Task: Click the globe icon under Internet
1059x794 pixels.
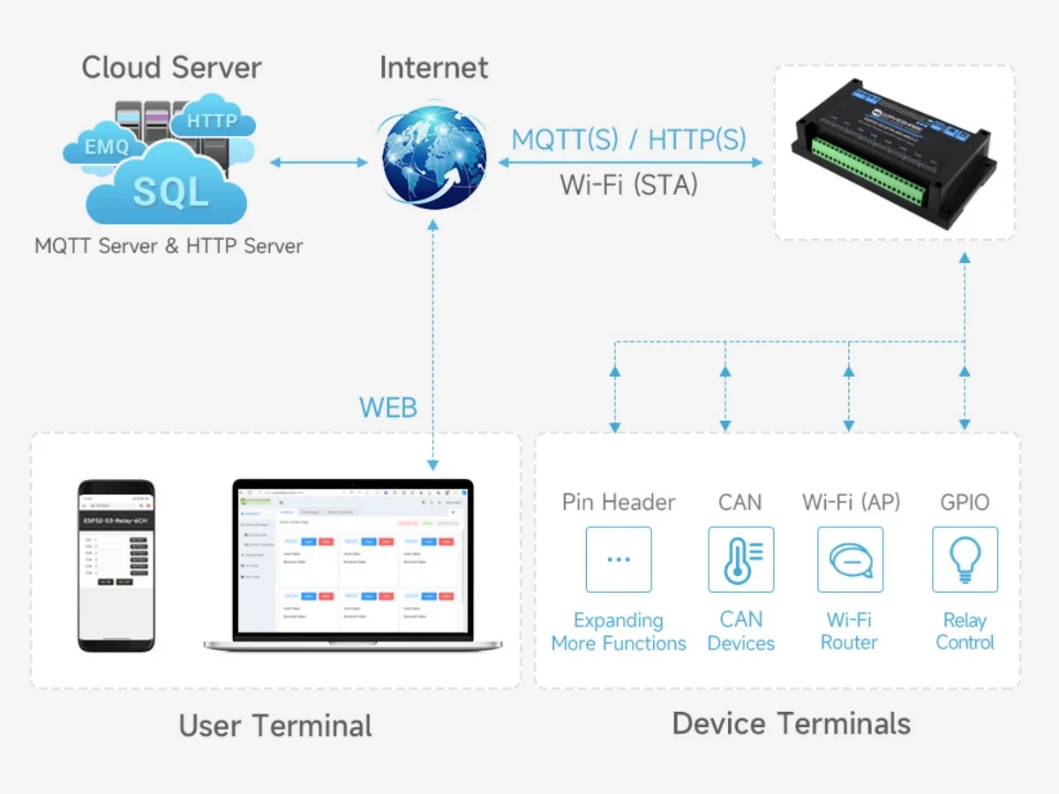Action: point(433,159)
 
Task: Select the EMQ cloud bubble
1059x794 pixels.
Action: point(106,146)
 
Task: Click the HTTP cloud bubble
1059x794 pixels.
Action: point(212,121)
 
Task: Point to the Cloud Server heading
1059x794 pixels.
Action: point(171,68)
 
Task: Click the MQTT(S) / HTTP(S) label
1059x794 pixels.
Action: point(628,139)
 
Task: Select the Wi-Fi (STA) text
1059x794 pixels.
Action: point(628,184)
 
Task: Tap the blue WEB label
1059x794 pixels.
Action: point(387,408)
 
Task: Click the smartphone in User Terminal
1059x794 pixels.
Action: point(116,566)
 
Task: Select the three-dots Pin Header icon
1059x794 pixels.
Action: point(619,559)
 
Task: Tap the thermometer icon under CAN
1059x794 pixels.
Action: point(740,559)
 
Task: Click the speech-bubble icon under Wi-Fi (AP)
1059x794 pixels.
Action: point(849,559)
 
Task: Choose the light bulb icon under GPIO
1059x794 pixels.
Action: point(965,559)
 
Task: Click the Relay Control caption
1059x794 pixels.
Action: point(965,632)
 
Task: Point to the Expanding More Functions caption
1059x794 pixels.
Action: point(619,632)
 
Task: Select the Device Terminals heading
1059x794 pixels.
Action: point(791,723)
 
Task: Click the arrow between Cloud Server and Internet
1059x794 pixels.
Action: point(319,161)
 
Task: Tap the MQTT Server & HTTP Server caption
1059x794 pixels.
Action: point(169,246)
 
